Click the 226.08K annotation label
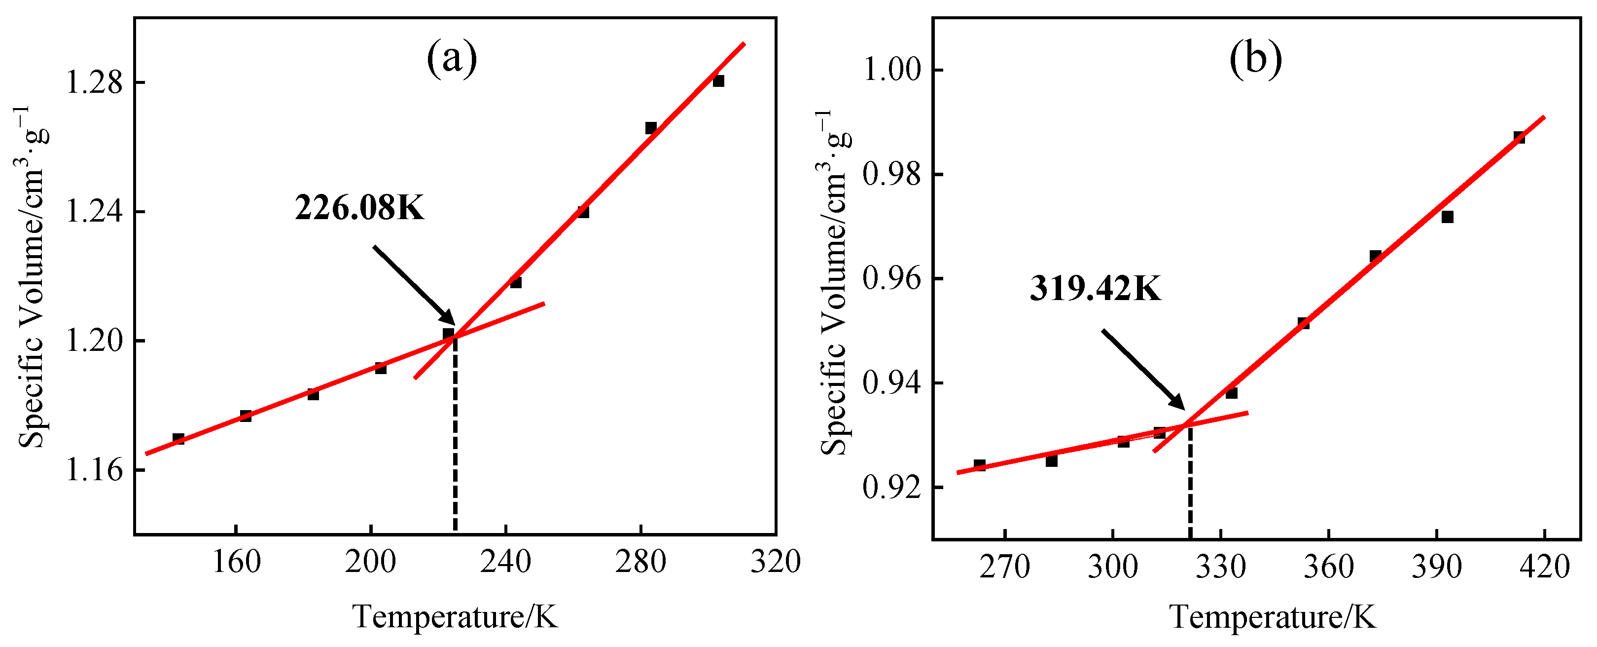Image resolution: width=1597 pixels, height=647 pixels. click(x=359, y=208)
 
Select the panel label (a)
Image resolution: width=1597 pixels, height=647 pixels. click(x=452, y=58)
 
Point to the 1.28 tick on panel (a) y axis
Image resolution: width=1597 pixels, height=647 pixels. click(x=95, y=82)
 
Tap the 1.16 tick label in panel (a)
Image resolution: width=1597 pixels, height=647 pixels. click(x=95, y=470)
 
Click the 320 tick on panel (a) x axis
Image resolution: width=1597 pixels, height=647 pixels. click(x=776, y=562)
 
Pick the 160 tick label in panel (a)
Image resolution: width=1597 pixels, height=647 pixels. click(x=236, y=562)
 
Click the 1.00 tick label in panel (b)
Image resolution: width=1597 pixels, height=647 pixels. click(x=892, y=70)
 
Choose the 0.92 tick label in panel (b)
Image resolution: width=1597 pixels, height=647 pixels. click(x=892, y=488)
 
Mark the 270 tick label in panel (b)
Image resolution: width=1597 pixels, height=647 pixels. click(x=1004, y=567)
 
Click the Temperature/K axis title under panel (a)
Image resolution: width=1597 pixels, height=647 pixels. click(x=455, y=616)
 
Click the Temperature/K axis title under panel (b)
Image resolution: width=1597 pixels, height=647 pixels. click(x=1273, y=616)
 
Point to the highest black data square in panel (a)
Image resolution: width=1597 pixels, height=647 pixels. click(x=718, y=80)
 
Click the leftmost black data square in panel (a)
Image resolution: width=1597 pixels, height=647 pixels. click(x=178, y=439)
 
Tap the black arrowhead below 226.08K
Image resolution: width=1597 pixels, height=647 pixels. click(x=448, y=318)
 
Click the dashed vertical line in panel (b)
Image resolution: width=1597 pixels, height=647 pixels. click(x=1190, y=484)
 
